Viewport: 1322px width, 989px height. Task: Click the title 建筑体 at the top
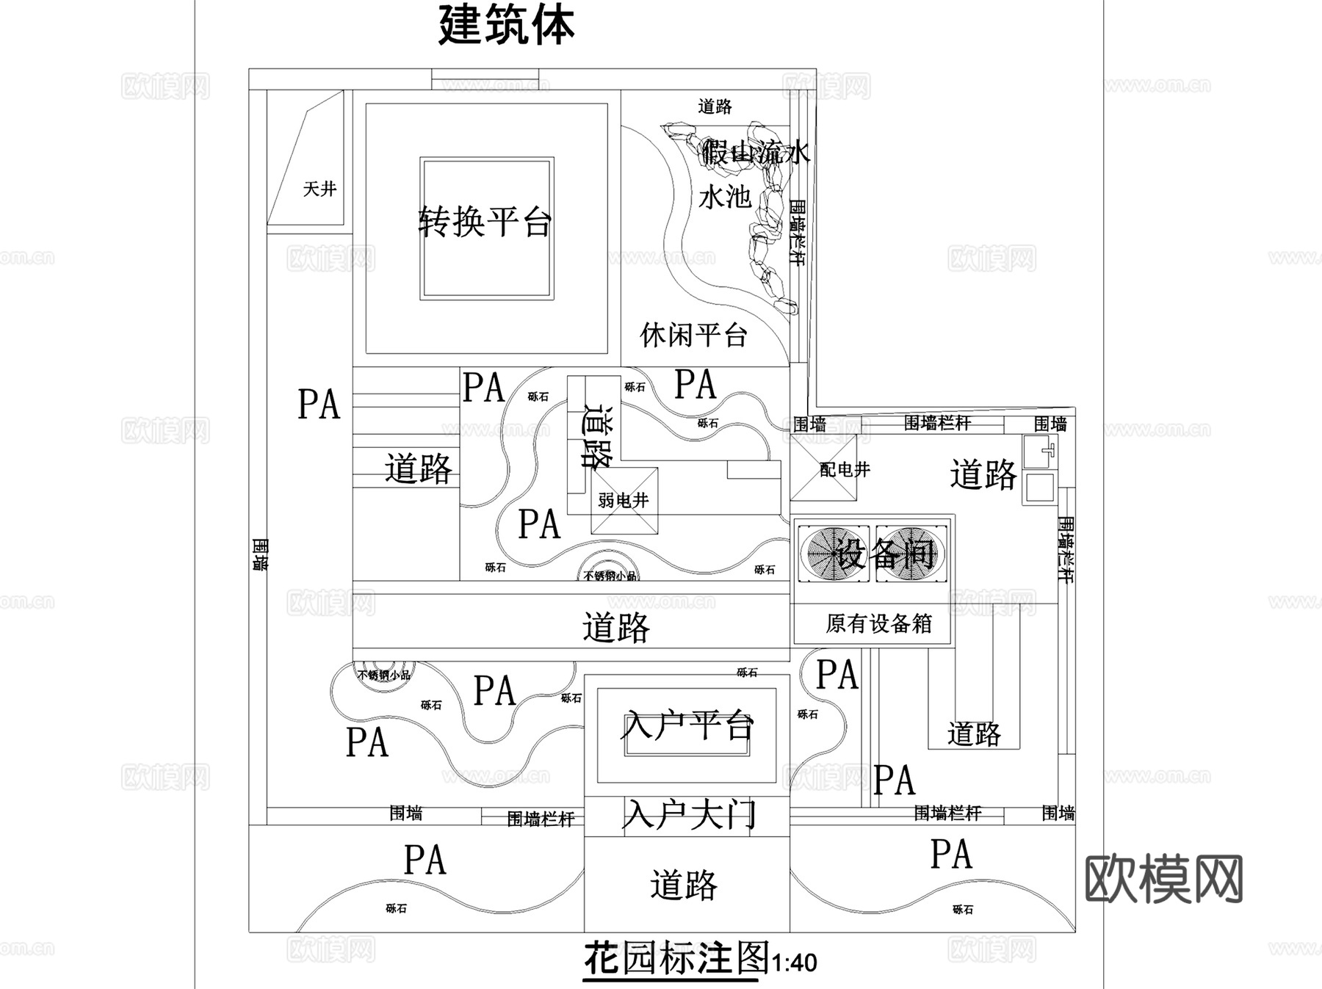[x=506, y=25]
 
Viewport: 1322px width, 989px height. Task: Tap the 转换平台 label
[x=485, y=221]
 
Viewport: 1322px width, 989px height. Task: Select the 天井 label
[x=319, y=189]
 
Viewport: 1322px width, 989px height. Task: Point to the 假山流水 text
[x=755, y=152]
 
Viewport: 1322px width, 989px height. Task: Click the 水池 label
[x=725, y=197]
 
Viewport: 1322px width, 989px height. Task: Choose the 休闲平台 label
[x=693, y=335]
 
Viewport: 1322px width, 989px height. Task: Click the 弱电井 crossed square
[x=624, y=501]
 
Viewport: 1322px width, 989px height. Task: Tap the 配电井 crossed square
[x=823, y=468]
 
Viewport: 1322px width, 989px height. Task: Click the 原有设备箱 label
[x=878, y=624]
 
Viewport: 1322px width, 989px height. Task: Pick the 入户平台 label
[x=687, y=725]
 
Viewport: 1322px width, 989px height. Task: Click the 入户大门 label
[x=688, y=815]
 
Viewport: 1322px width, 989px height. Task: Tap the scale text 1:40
[x=794, y=963]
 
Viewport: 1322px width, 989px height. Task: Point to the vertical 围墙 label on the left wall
[x=260, y=554]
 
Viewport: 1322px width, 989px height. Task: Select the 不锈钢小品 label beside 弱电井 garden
[x=610, y=576]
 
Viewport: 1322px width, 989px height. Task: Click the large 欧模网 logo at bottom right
[x=1163, y=879]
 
